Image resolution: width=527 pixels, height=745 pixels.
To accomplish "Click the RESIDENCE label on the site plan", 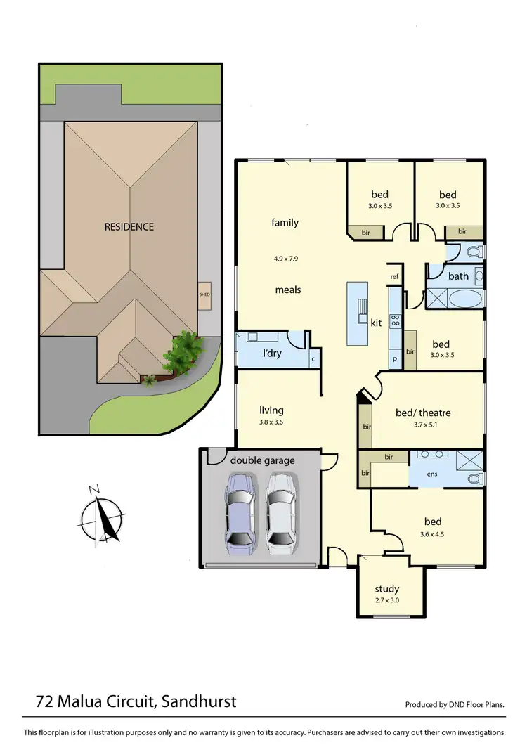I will coord(129,226).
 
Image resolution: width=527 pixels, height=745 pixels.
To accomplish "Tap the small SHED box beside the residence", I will coord(204,294).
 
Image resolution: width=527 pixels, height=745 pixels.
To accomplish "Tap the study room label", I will coord(387,589).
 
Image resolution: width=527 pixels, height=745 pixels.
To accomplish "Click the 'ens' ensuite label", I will coord(432,474).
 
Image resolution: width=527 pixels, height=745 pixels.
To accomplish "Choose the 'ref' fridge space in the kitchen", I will coord(394,277).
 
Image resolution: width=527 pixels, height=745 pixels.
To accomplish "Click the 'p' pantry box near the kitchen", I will coord(394,358).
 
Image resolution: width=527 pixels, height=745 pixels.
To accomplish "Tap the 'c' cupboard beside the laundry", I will coord(313,358).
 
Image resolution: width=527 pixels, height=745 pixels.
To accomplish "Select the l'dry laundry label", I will coord(272,353).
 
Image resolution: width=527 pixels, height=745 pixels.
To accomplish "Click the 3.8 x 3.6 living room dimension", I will coord(271,422).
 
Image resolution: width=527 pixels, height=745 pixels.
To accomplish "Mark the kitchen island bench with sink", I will coord(358,313).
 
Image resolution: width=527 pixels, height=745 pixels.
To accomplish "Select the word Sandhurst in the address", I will coord(199,701).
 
